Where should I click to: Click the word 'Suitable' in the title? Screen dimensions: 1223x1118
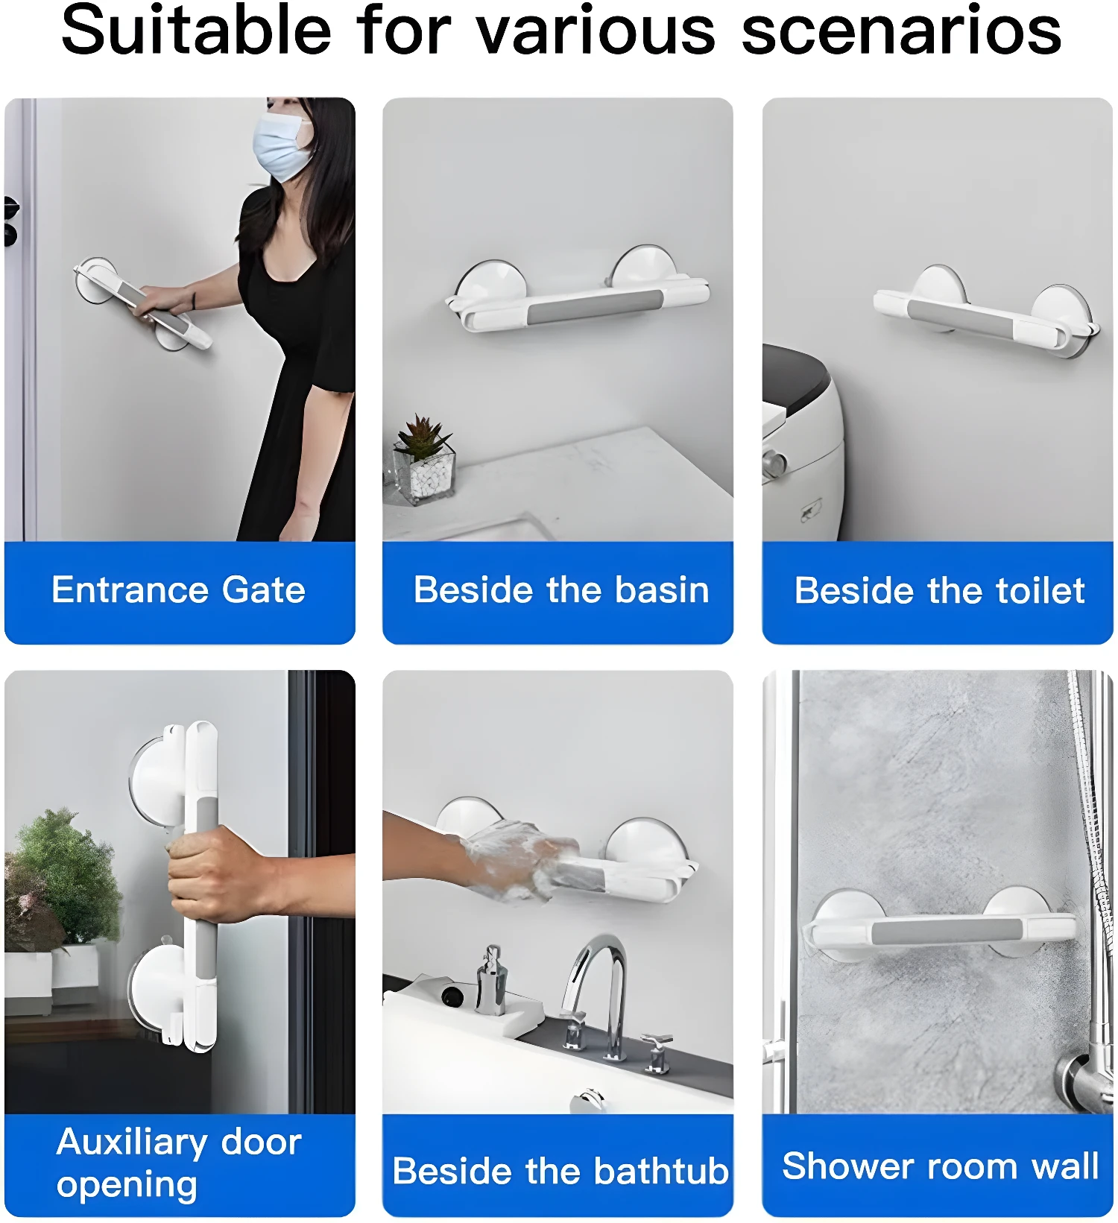point(196,31)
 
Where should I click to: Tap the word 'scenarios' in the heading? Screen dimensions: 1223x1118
point(901,31)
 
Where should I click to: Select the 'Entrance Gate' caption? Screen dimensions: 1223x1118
point(178,590)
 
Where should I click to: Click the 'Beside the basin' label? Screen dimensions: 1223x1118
point(560,590)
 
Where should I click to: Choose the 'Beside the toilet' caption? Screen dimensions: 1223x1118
point(939,591)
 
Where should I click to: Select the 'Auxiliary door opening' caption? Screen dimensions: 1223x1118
point(178,1163)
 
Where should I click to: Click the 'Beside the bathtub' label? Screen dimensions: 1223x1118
point(560,1171)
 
